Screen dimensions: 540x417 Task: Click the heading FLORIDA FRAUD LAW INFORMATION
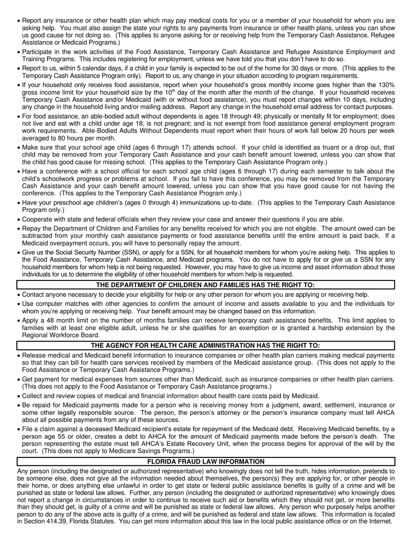pyautogui.click(x=206, y=461)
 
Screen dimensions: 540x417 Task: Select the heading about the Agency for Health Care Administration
pyautogui.click(x=206, y=346)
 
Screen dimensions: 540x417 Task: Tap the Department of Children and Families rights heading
pyautogui.click(x=206, y=285)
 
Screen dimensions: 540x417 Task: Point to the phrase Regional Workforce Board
pyautogui.click(x=61, y=335)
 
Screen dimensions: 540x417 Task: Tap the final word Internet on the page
pyautogui.click(x=379, y=521)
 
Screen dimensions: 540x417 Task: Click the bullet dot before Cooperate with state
pyautogui.click(x=18, y=220)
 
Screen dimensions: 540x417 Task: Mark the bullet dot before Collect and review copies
pyautogui.click(x=18, y=396)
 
